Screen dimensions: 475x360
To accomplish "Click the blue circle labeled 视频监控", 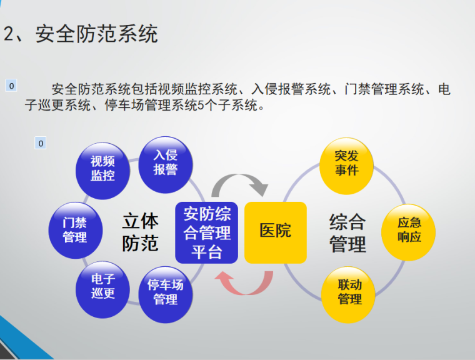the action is tap(102, 168).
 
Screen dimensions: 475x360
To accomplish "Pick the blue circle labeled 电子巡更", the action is tap(102, 286).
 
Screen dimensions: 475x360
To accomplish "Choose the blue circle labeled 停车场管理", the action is tap(165, 292).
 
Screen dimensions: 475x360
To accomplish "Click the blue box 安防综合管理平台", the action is tap(207, 232).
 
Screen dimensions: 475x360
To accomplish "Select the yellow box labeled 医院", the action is tap(276, 232).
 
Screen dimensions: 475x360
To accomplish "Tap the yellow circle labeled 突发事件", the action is tap(346, 163).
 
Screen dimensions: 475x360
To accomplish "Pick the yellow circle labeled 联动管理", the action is tap(349, 292).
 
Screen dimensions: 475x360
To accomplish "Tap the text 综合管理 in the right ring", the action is tap(347, 232).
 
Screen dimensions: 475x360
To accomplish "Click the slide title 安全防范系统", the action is tap(96, 34).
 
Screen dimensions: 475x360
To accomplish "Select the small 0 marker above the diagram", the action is tap(41, 144).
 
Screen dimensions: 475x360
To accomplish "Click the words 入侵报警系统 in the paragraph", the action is tap(291, 90).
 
